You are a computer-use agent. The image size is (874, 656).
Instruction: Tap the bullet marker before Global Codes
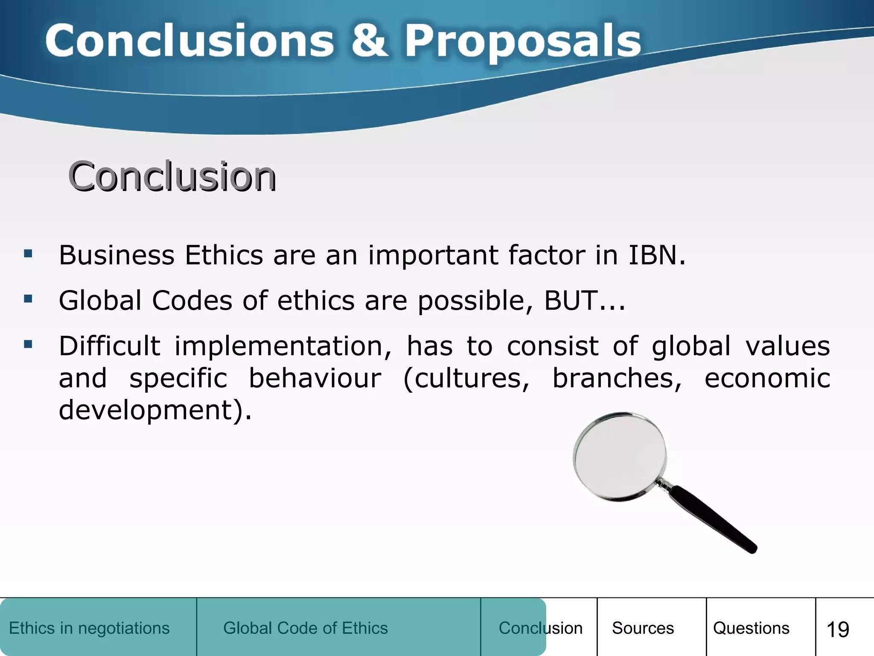28,299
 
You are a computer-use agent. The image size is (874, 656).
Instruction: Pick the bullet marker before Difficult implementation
28,344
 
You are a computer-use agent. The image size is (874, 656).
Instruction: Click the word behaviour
315,378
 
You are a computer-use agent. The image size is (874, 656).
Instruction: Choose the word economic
767,378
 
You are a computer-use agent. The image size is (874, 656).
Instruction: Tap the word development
146,410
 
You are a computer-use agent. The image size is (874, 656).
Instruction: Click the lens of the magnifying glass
620,456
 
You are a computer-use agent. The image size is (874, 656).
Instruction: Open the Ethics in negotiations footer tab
89,628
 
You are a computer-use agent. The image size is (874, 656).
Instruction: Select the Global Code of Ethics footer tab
306,628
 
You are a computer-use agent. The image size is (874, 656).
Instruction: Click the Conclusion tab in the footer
540,628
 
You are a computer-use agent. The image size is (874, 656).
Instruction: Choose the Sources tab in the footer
643,628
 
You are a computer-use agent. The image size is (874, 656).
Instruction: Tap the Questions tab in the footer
751,628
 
